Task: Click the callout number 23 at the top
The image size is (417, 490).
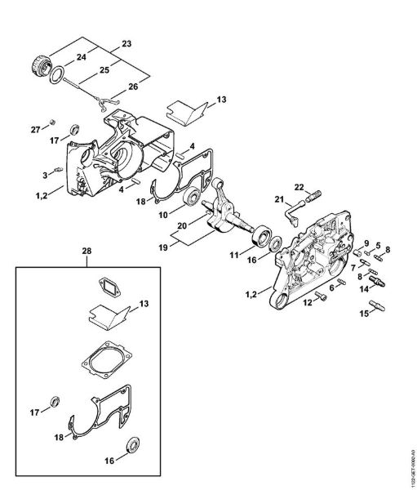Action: click(126, 42)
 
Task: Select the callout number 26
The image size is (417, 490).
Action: click(133, 87)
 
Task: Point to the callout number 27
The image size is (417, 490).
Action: click(34, 130)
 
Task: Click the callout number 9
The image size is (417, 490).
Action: click(367, 243)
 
